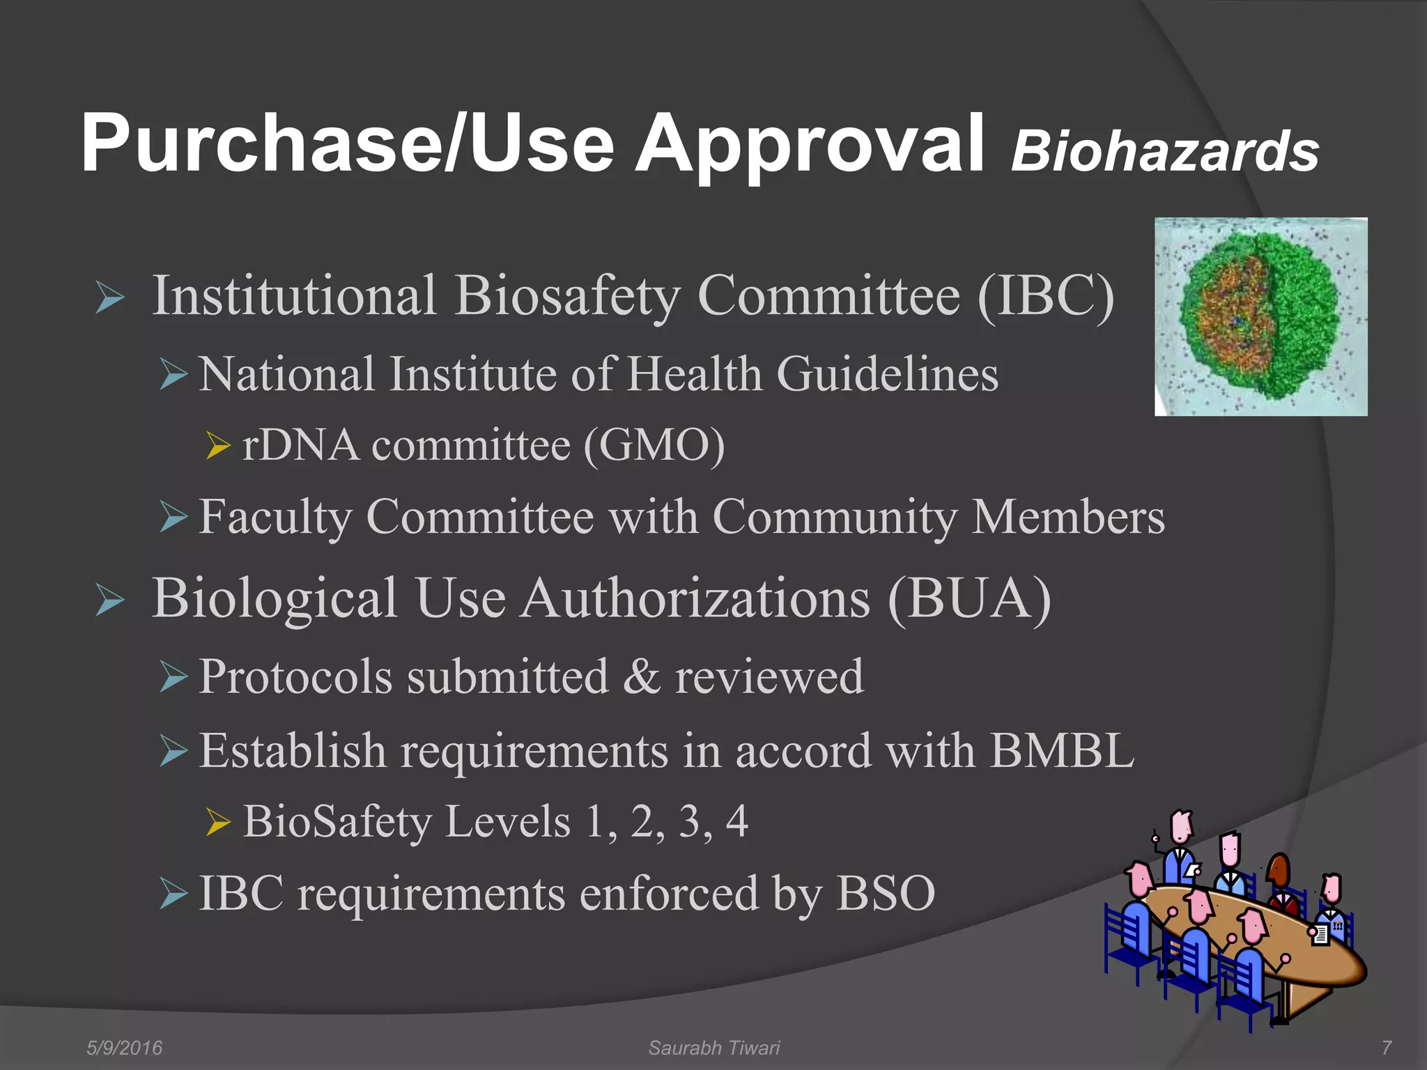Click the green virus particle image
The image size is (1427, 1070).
pyautogui.click(x=1260, y=317)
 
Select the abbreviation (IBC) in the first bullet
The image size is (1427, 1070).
pyautogui.click(x=1045, y=296)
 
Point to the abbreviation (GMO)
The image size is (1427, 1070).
pyautogui.click(x=654, y=445)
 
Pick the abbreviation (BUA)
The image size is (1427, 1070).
pyautogui.click(x=969, y=598)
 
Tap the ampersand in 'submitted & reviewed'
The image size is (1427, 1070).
pyautogui.click(x=642, y=676)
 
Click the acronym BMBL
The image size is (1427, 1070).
pyautogui.click(x=1062, y=751)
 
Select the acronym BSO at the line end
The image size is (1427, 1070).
pyautogui.click(x=886, y=893)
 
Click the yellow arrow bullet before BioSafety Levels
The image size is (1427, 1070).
pyautogui.click(x=218, y=823)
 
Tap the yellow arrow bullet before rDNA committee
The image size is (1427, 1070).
pyautogui.click(x=218, y=446)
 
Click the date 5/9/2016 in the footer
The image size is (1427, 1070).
pyautogui.click(x=124, y=1048)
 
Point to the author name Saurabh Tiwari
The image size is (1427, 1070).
pyautogui.click(x=714, y=1048)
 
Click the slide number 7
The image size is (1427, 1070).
pyautogui.click(x=1386, y=1048)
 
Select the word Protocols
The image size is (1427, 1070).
pyautogui.click(x=295, y=677)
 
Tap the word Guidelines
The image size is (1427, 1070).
pyautogui.click(x=887, y=374)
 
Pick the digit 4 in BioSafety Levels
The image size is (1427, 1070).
pyautogui.click(x=736, y=821)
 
